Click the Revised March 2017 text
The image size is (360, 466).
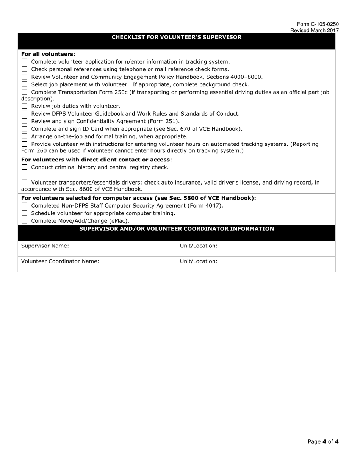(315, 30)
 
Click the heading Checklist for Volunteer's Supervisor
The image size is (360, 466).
(176, 37)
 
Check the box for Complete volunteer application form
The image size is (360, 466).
(25, 61)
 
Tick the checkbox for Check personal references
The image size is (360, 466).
(25, 69)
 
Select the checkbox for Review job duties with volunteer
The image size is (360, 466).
(25, 106)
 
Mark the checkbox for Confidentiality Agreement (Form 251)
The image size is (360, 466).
(25, 121)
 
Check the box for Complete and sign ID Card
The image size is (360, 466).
(25, 129)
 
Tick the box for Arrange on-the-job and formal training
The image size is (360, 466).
(25, 136)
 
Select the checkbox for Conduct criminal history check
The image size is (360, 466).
(25, 167)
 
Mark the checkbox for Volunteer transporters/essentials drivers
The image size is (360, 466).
(25, 183)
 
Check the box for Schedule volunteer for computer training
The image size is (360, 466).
(25, 213)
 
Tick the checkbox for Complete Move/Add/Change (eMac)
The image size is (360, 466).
(25, 221)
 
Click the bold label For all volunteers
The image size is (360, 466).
(47, 54)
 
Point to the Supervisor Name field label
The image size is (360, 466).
(45, 246)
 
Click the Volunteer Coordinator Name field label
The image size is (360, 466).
(60, 261)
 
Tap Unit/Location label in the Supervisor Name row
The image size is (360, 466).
(199, 246)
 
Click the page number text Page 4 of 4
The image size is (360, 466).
(323, 441)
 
